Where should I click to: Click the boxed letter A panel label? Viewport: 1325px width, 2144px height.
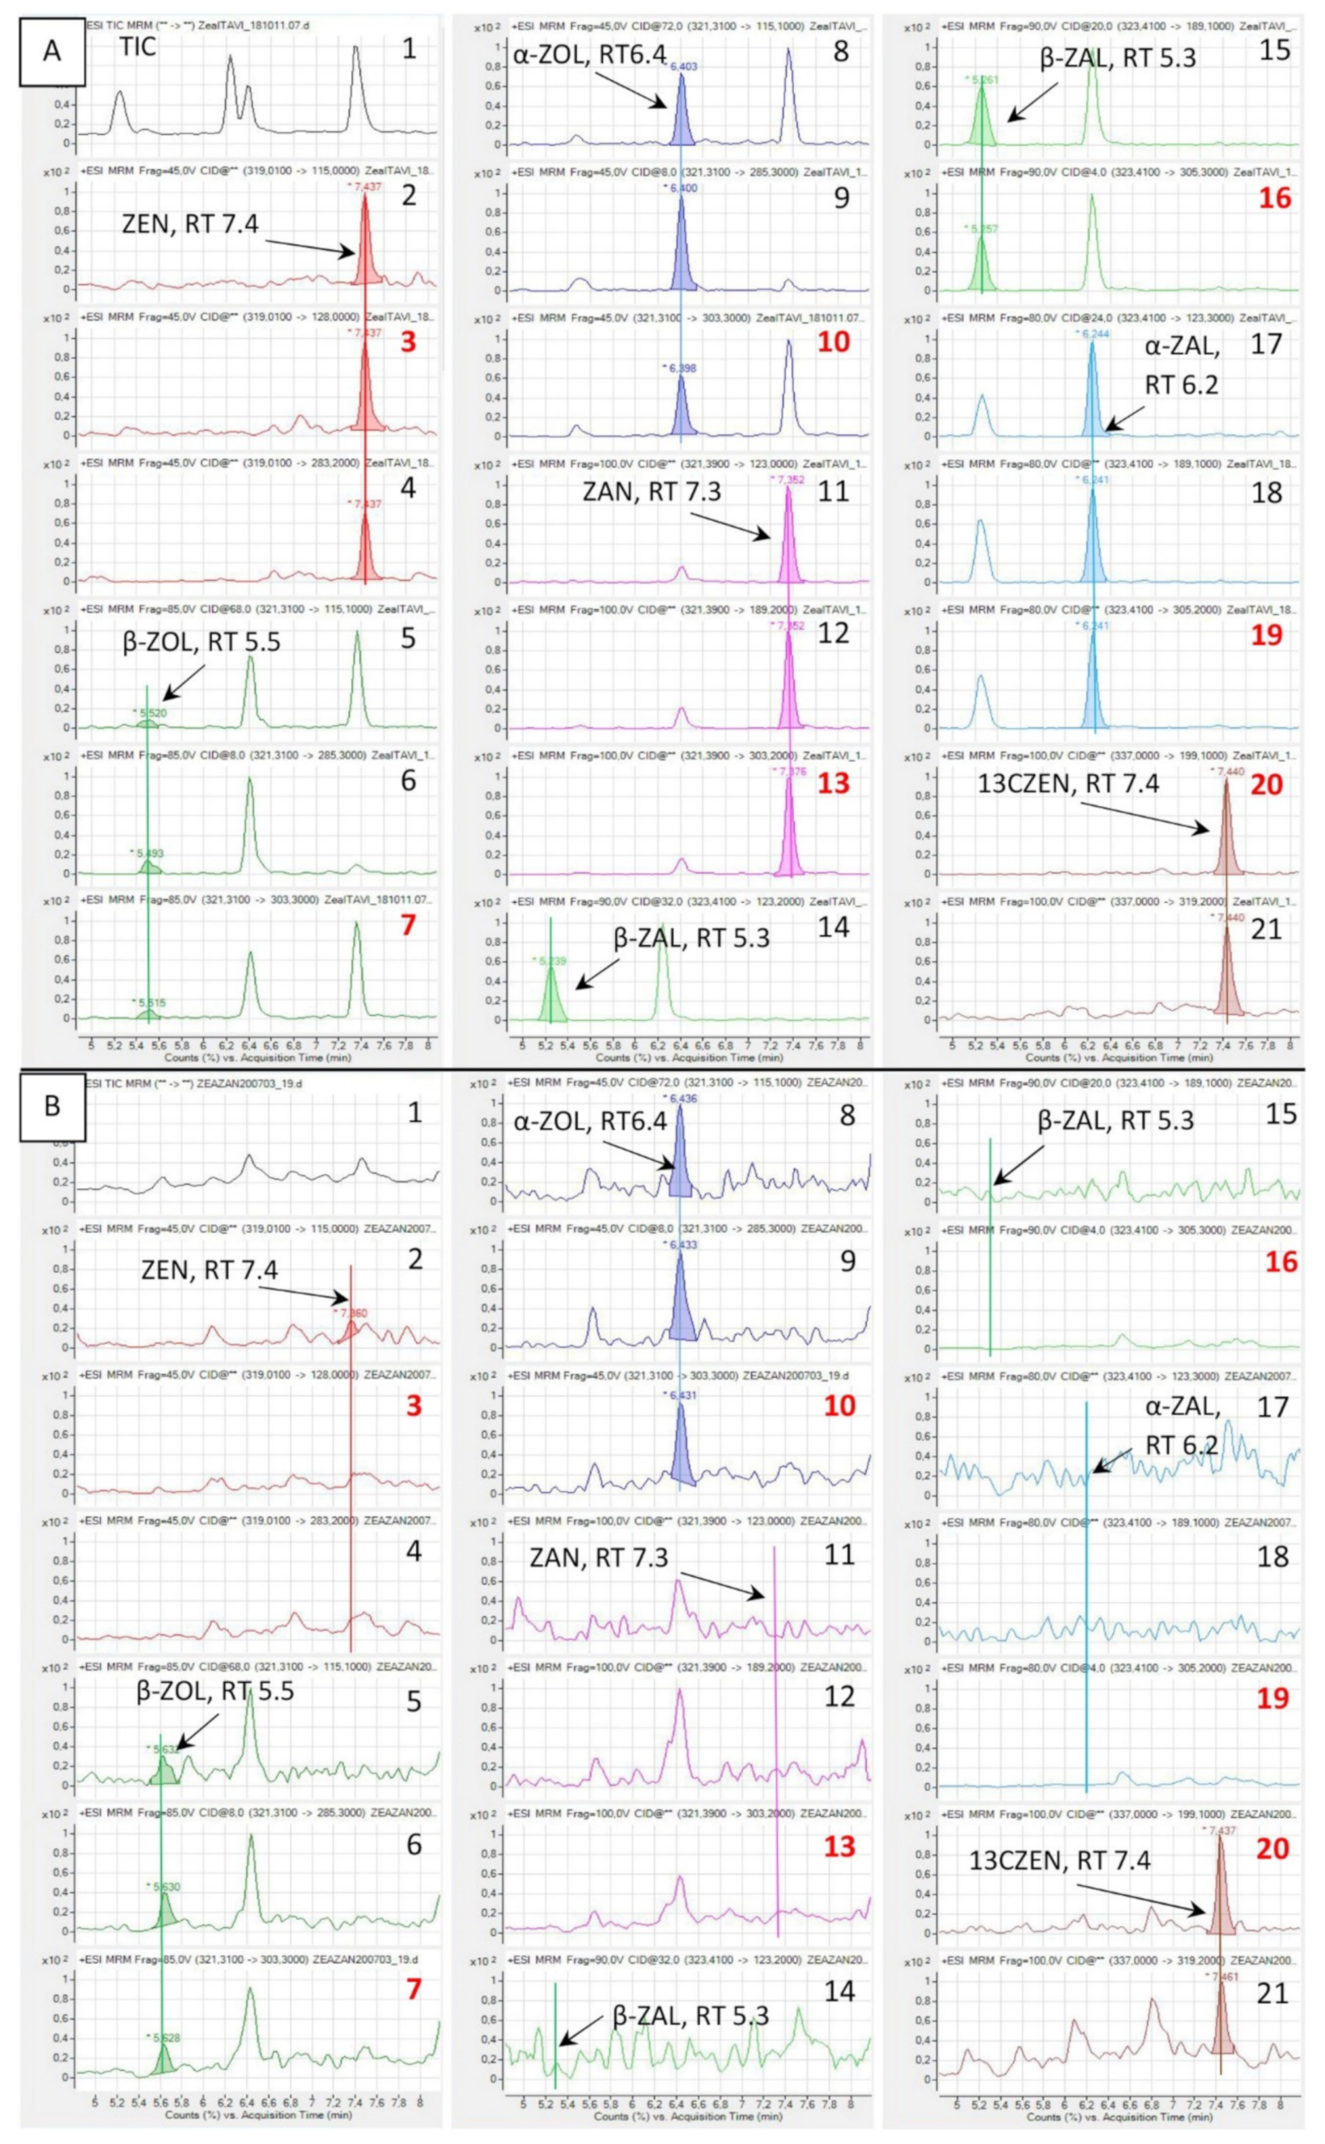coord(52,51)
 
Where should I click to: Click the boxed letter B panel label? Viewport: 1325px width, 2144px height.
coord(52,1105)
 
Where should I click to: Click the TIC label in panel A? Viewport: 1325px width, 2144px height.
coord(138,48)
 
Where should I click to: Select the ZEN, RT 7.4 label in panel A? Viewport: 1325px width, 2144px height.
coord(189,224)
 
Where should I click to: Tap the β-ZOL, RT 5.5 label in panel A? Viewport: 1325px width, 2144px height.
coord(201,642)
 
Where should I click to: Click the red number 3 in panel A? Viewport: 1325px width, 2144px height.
coord(408,342)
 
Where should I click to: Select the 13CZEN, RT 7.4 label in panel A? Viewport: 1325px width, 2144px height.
coord(1067,784)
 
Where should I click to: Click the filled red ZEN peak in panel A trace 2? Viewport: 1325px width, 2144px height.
coord(365,254)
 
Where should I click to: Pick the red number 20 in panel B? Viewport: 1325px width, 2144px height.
coord(1273,1849)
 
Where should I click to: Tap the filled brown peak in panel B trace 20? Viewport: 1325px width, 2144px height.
coord(1220,1904)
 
